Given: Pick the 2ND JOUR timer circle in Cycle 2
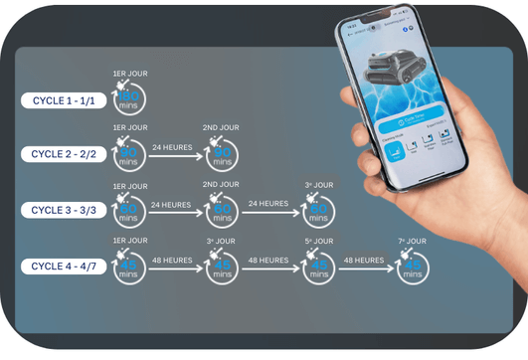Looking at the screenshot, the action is coord(221,155).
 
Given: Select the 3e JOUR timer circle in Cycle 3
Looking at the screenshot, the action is coord(318,211).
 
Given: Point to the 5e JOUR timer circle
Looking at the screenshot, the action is coord(318,267).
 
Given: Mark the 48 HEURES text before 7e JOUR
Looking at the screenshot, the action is coord(364,260).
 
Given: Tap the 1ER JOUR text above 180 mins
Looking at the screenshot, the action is coord(130,73).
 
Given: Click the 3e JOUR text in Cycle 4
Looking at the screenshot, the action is coord(221,241).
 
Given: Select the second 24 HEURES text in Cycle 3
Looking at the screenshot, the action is coord(269,204).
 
